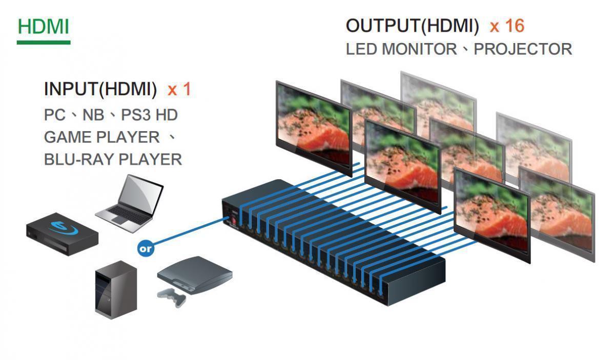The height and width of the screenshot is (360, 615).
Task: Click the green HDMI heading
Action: tap(43, 27)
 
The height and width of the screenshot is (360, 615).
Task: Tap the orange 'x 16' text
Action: tap(507, 26)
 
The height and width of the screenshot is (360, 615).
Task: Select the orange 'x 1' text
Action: tap(179, 90)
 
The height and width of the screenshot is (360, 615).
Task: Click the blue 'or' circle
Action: tap(146, 249)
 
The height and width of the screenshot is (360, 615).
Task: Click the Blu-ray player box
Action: tap(62, 235)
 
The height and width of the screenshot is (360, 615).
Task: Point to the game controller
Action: tap(172, 297)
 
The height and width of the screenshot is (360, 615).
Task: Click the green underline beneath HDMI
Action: tap(43, 42)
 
